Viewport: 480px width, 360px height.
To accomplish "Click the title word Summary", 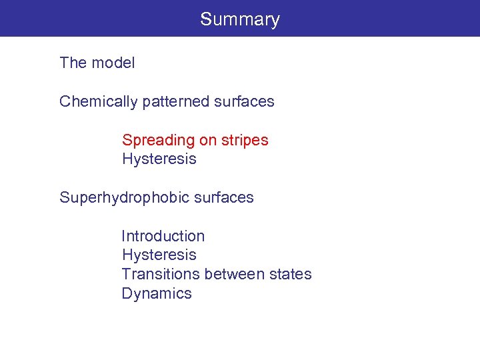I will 240,19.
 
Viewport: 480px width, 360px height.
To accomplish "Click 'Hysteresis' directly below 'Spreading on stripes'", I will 159,159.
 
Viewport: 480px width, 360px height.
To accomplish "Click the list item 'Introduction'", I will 163,236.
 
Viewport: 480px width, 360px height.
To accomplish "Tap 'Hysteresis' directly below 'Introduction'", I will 159,255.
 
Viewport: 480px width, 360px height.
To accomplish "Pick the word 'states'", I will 291,274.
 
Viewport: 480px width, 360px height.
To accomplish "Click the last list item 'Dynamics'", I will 157,293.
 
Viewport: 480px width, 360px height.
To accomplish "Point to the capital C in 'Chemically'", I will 65,102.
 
